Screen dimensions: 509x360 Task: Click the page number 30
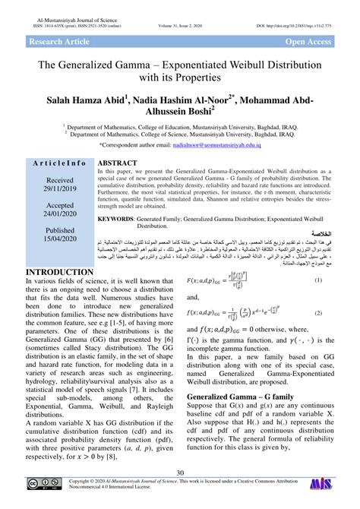click(x=180, y=474)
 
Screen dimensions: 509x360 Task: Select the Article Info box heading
click(x=58, y=164)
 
